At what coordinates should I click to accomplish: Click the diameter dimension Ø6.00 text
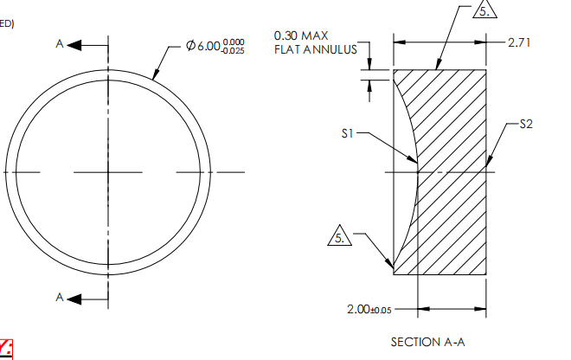coord(203,45)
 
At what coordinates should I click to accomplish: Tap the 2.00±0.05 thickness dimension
coord(368,309)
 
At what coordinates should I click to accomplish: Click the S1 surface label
coord(348,134)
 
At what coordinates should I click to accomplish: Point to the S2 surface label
coord(526,125)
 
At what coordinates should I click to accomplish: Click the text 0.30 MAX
coord(300,36)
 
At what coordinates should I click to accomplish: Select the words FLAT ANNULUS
coord(315,50)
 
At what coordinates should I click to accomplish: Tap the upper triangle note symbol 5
coord(485,11)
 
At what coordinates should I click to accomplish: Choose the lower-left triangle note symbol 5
coord(343,234)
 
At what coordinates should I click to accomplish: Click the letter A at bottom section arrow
coord(60,298)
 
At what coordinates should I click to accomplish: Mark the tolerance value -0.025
coord(234,49)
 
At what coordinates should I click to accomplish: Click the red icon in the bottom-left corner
coord(7,349)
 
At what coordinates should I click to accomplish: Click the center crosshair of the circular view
coord(108,171)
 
